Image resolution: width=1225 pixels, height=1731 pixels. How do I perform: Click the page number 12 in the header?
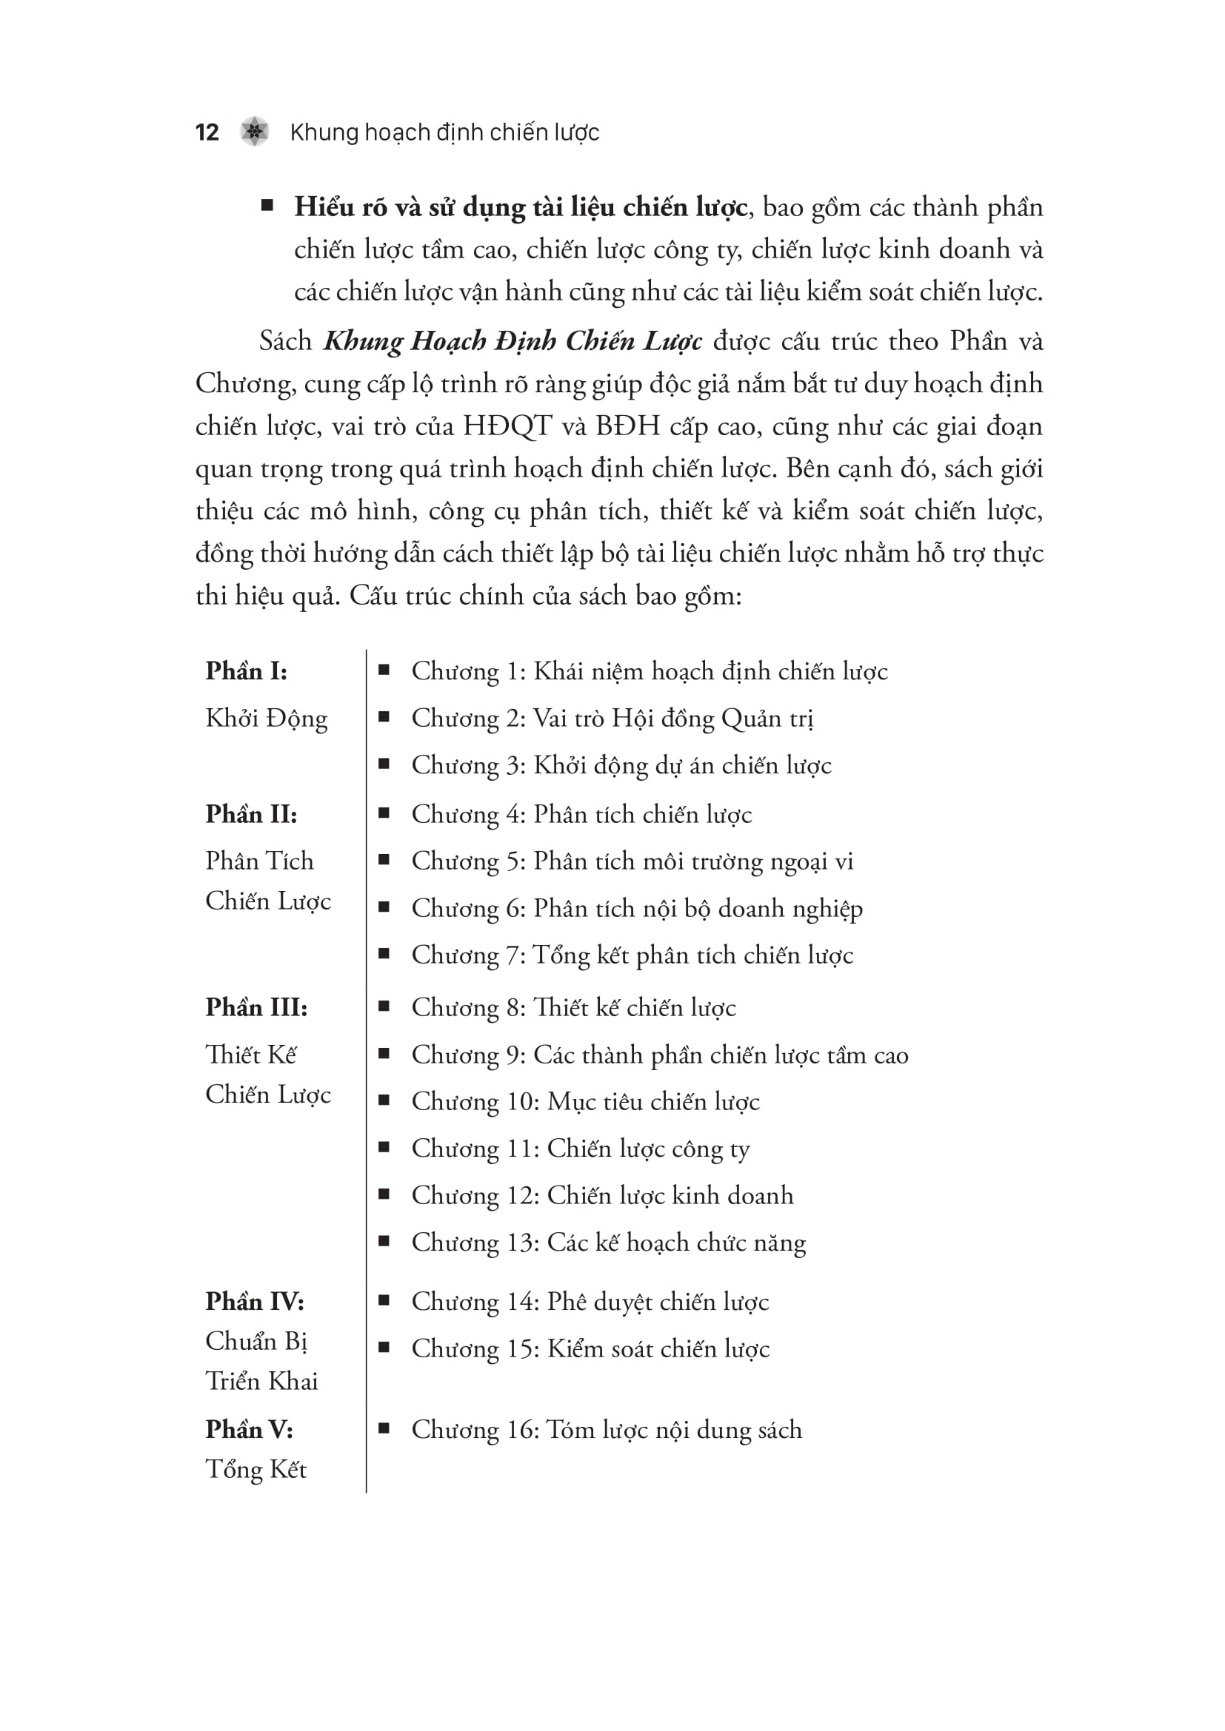click(207, 132)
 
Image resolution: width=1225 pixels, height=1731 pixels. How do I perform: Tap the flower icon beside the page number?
click(255, 132)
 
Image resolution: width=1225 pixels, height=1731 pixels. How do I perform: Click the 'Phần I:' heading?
click(246, 671)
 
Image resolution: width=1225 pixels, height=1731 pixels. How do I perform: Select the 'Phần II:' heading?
click(251, 814)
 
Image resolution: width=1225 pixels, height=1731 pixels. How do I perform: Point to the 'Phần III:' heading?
click(256, 1007)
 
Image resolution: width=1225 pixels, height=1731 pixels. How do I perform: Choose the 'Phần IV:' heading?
click(254, 1301)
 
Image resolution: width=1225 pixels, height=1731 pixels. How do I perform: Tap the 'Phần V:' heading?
click(249, 1430)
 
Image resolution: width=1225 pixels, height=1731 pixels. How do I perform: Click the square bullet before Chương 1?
click(384, 670)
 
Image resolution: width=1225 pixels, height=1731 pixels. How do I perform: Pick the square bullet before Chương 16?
click(384, 1428)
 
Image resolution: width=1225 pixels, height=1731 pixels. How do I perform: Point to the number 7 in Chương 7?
click(515, 955)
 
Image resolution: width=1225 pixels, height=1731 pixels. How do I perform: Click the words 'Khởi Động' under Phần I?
click(267, 719)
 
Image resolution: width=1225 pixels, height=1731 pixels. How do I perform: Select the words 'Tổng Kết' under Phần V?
click(256, 1470)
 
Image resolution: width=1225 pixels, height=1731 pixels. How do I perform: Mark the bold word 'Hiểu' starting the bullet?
click(324, 207)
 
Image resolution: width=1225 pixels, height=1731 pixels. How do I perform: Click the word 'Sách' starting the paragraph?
click(285, 341)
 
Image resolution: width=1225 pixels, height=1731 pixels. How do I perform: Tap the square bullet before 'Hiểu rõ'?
click(267, 205)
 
